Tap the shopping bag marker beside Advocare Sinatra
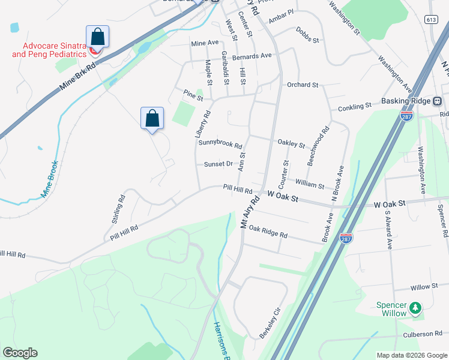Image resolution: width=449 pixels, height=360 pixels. click(x=97, y=38)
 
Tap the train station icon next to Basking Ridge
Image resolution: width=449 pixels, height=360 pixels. click(x=438, y=101)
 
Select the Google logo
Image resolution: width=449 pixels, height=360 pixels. click(x=20, y=353)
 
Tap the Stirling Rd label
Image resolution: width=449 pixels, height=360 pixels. click(x=118, y=209)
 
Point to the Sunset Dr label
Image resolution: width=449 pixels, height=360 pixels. click(x=218, y=164)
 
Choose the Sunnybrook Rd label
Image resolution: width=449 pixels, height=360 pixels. click(x=220, y=145)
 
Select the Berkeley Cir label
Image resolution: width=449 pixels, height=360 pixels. click(x=270, y=324)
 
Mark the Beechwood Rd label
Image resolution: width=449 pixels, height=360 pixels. click(x=318, y=146)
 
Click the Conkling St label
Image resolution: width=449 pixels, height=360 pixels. click(x=355, y=107)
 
